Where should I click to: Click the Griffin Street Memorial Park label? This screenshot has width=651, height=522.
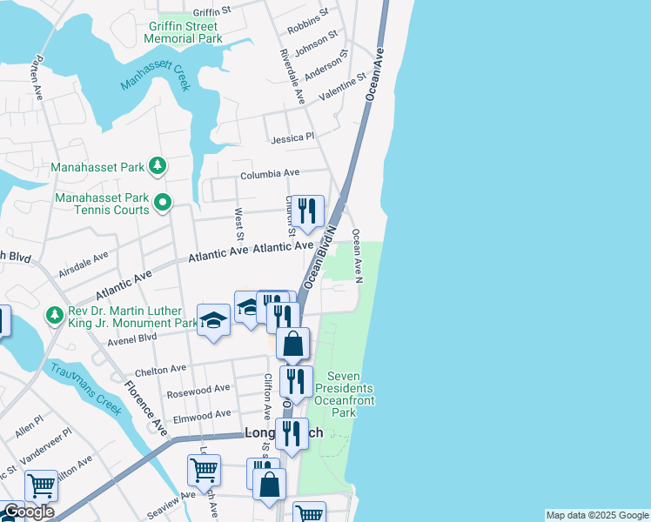(x=183, y=33)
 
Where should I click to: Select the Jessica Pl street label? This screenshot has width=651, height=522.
(x=292, y=137)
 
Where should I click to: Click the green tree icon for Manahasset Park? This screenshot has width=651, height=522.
(x=157, y=164)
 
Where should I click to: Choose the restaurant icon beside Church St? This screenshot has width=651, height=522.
(x=307, y=211)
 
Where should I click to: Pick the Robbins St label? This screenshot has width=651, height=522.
(x=308, y=17)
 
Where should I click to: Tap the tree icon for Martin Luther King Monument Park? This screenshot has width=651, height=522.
(x=55, y=315)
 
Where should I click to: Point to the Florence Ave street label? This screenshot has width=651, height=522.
(x=144, y=406)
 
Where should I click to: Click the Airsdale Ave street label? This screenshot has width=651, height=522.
(x=83, y=265)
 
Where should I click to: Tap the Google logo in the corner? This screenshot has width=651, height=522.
(x=28, y=512)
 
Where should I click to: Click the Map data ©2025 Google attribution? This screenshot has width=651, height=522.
(x=596, y=515)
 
